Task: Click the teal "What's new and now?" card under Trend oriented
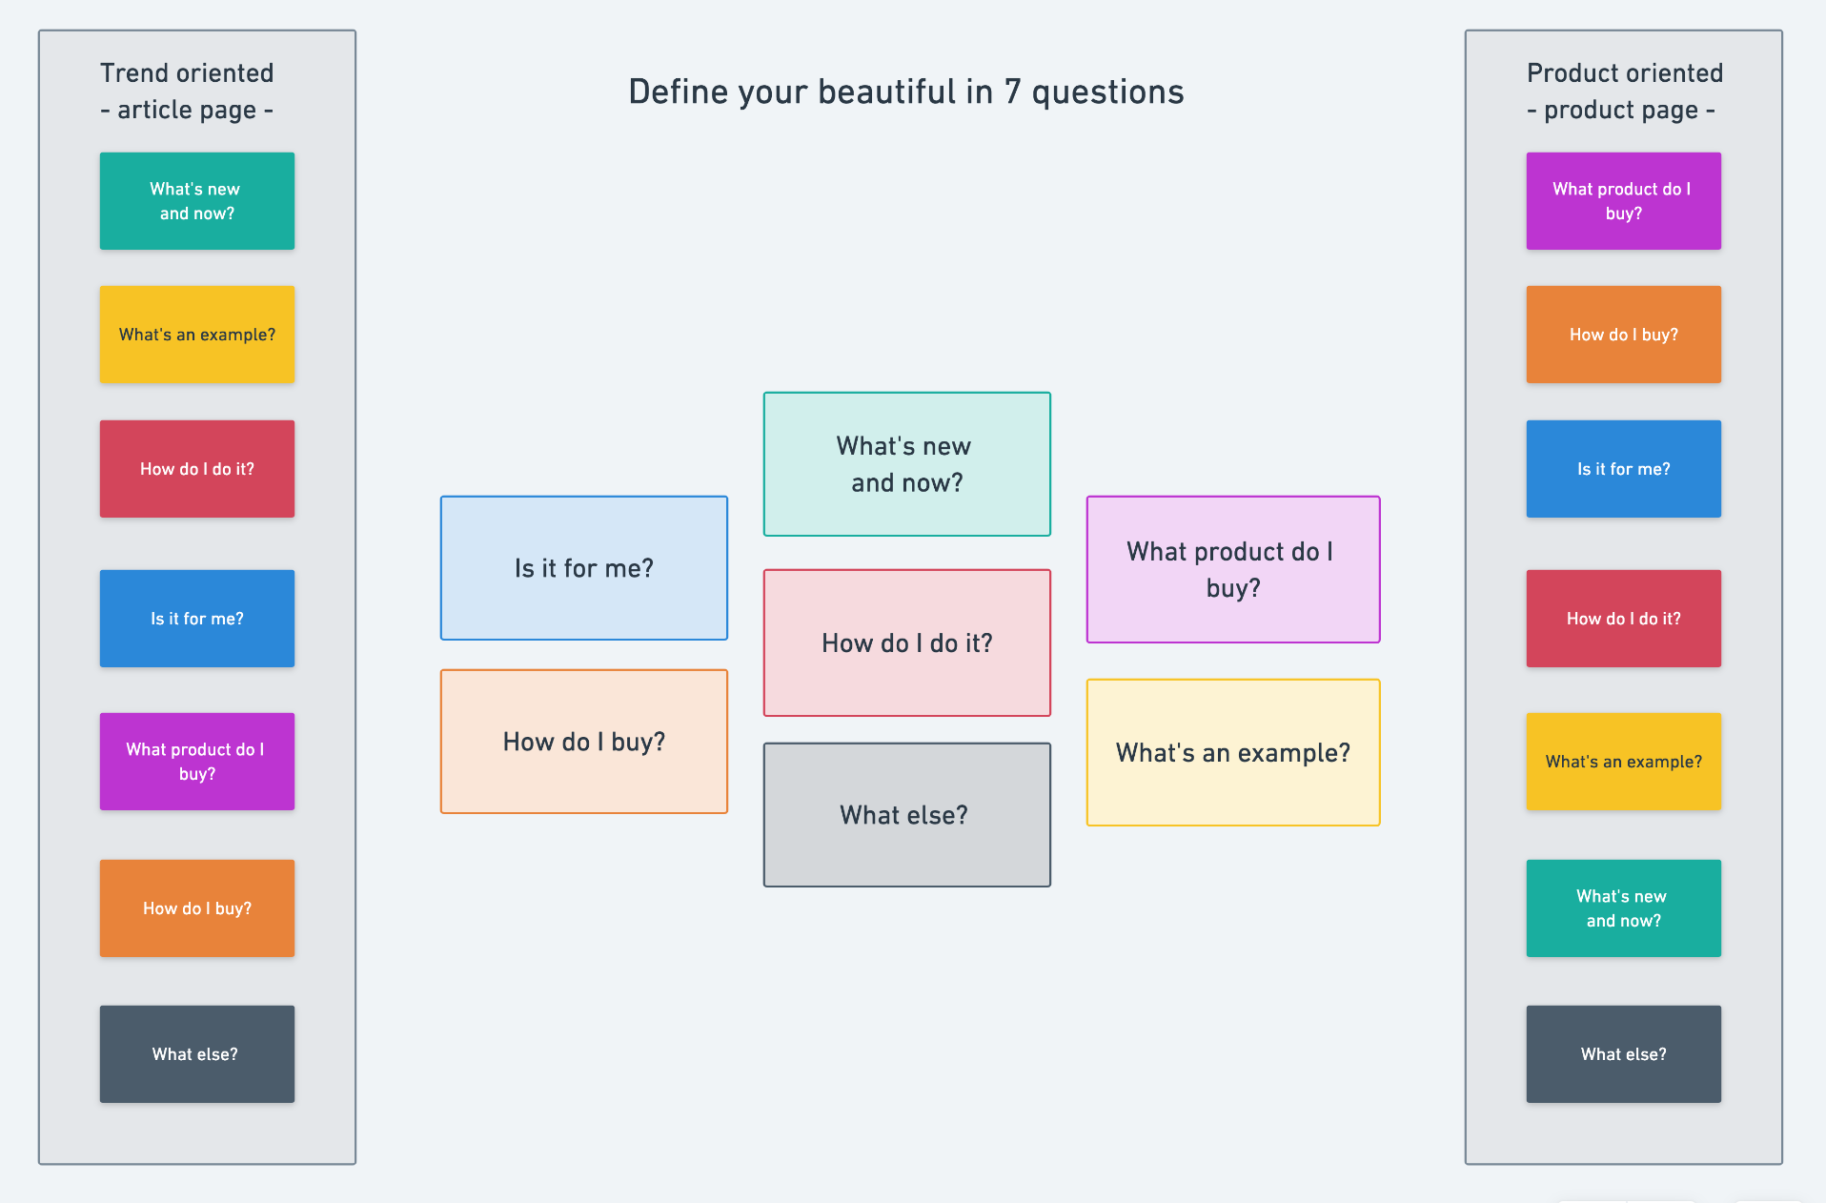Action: click(197, 201)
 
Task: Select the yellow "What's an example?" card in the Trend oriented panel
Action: click(197, 335)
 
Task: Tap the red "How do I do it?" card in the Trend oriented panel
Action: click(197, 469)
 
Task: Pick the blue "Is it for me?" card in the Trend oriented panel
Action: click(197, 619)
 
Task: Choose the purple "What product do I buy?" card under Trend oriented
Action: click(197, 762)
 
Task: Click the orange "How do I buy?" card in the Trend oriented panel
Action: click(197, 908)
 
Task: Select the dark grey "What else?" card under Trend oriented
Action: click(197, 1054)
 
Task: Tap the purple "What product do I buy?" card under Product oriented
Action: click(1624, 201)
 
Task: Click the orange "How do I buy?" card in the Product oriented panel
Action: click(1624, 335)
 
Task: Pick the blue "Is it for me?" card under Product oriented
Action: click(1624, 469)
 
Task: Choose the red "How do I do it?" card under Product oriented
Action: click(1624, 619)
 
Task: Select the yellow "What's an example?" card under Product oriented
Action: click(1624, 762)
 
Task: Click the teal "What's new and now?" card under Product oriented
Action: click(1624, 908)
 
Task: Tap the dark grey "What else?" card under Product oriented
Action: click(1624, 1054)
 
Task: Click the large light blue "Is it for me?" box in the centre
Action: click(584, 568)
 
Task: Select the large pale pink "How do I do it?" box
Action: click(907, 643)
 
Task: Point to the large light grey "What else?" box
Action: click(907, 815)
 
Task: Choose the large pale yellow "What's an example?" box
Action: click(1233, 753)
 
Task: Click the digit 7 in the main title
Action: click(1012, 92)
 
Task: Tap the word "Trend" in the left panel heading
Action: click(135, 73)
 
